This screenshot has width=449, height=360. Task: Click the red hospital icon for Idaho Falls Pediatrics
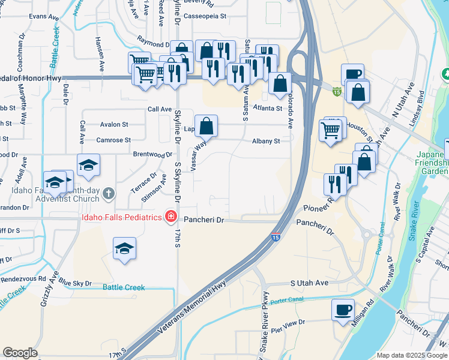(x=171, y=216)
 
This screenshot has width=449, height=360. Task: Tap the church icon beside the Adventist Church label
(x=108, y=193)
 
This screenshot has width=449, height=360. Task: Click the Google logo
(x=20, y=353)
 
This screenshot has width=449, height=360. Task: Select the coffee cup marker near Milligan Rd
(x=343, y=310)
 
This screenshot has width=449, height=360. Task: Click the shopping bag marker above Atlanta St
(x=280, y=83)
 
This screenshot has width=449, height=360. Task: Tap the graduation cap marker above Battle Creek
(x=124, y=248)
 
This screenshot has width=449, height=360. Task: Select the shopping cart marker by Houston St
(x=331, y=130)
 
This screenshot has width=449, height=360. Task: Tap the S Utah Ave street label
(x=309, y=283)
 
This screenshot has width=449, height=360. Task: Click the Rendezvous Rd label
(x=23, y=278)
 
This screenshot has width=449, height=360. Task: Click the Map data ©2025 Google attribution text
(x=411, y=355)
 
